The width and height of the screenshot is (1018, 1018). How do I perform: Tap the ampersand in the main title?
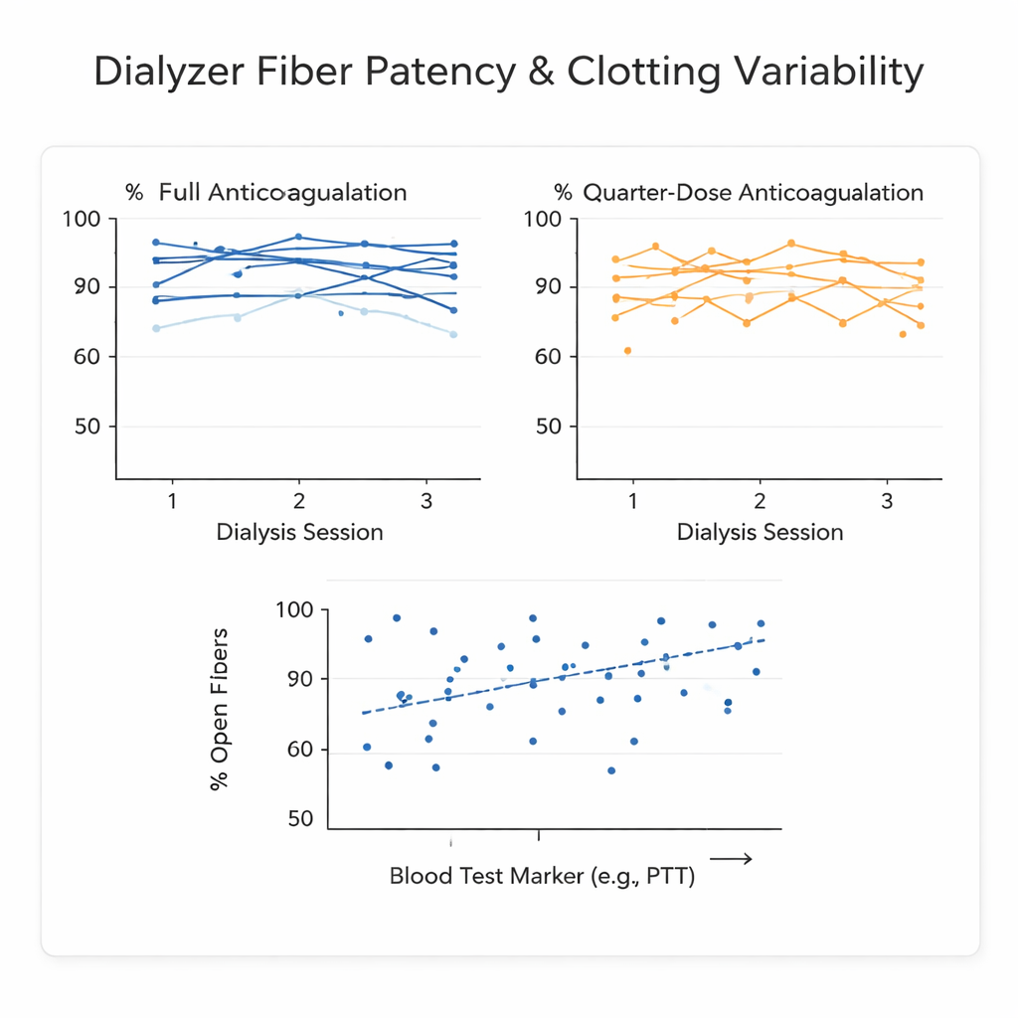(537, 74)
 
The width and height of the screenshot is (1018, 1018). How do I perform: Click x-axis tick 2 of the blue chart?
(298, 500)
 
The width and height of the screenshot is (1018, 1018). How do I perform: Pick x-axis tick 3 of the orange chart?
(887, 500)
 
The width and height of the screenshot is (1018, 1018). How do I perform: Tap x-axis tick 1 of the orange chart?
(632, 500)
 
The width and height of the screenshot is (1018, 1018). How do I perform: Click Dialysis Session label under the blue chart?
(299, 532)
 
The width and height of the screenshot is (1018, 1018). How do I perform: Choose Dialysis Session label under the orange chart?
(760, 532)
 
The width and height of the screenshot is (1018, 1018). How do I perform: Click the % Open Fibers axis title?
(221, 710)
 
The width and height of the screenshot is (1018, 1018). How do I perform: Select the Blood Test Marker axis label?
(542, 877)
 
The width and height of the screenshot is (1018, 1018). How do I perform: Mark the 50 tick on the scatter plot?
(300, 819)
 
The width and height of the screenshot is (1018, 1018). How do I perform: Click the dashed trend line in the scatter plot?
(562, 676)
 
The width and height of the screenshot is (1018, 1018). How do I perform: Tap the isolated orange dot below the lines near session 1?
(627, 351)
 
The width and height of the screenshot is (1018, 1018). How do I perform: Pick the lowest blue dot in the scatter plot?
(611, 770)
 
